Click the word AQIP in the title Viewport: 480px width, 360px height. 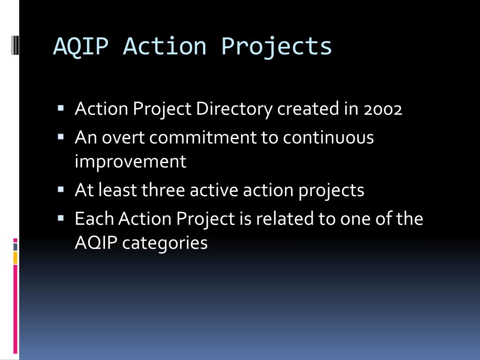point(81,46)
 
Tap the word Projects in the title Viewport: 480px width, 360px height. point(276,47)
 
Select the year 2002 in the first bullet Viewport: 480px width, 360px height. point(382,109)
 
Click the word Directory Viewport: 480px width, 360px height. point(234,109)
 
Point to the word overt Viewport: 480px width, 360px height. point(123,137)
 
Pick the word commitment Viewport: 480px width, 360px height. point(202,137)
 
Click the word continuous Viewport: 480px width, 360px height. point(328,137)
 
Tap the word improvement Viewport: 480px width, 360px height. point(130,161)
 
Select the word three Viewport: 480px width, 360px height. point(163,190)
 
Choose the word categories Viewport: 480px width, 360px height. point(165,243)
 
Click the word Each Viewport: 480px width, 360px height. point(94,218)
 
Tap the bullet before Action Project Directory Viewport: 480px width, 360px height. point(60,108)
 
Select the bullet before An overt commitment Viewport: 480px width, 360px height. point(60,136)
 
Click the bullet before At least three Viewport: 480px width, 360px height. point(60,189)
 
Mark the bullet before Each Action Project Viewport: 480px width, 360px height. point(60,218)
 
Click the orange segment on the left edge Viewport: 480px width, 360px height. point(15,258)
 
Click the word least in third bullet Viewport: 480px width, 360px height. point(118,190)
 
